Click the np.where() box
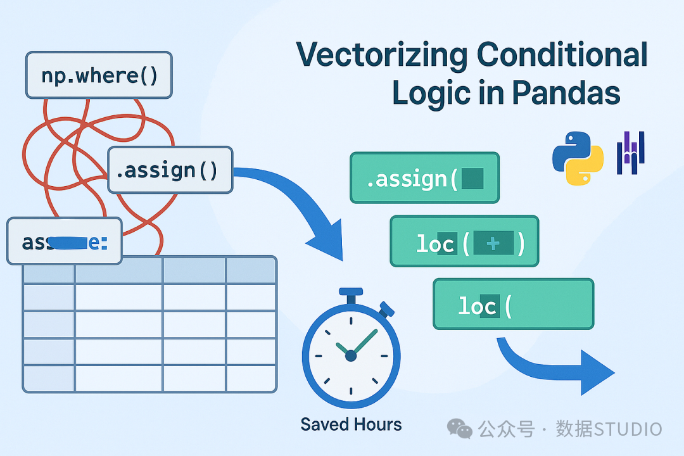click(99, 75)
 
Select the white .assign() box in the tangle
click(170, 170)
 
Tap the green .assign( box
click(424, 178)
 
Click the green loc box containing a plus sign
click(464, 241)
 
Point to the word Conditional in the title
click(562, 55)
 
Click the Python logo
click(577, 158)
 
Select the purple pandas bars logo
click(630, 153)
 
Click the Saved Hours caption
click(351, 424)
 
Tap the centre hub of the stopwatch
click(351, 356)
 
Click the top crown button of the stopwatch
click(351, 294)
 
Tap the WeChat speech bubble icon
click(460, 428)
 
